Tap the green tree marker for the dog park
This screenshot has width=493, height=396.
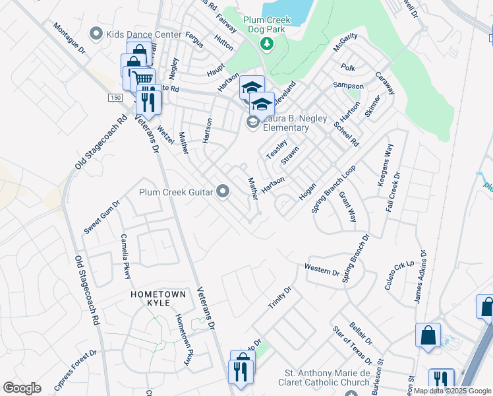click(x=267, y=44)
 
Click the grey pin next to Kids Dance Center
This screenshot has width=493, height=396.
click(x=98, y=33)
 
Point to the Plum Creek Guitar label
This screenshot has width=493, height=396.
click(x=175, y=192)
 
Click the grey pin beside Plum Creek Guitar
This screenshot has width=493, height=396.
click(x=223, y=192)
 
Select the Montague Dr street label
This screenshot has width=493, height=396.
click(x=70, y=40)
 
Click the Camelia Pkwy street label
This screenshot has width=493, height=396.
click(x=125, y=257)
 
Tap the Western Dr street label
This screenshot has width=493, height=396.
click(x=322, y=269)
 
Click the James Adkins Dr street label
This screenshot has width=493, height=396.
click(x=420, y=277)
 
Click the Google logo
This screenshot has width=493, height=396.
click(x=22, y=388)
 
